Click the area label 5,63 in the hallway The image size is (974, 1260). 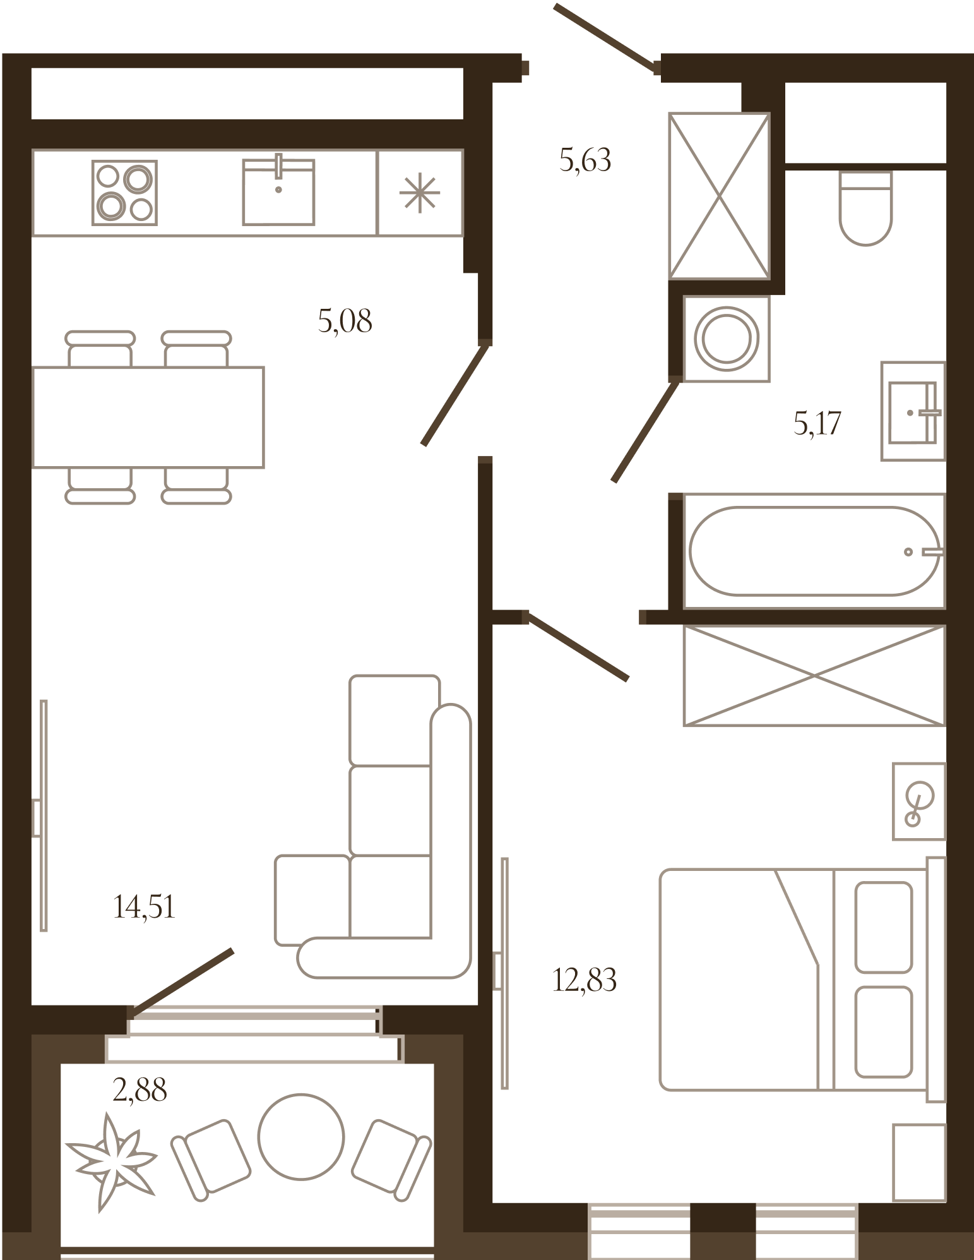tap(585, 160)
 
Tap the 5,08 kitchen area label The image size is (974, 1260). tap(345, 321)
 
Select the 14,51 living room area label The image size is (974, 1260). tap(144, 906)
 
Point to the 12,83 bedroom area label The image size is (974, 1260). tap(585, 980)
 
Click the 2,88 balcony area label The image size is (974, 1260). tap(140, 1089)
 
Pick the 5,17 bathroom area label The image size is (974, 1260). tap(817, 423)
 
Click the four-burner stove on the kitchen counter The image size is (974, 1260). tap(124, 193)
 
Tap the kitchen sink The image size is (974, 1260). tap(278, 189)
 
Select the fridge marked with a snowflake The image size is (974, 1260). tap(420, 193)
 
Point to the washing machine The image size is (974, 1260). tap(727, 339)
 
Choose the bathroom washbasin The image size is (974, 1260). tap(913, 411)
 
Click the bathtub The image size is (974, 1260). tap(814, 551)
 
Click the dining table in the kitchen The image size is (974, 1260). tap(148, 417)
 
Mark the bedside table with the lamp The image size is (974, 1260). tap(919, 801)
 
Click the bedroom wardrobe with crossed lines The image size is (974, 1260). tap(814, 676)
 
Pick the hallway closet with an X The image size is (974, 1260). tap(720, 196)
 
